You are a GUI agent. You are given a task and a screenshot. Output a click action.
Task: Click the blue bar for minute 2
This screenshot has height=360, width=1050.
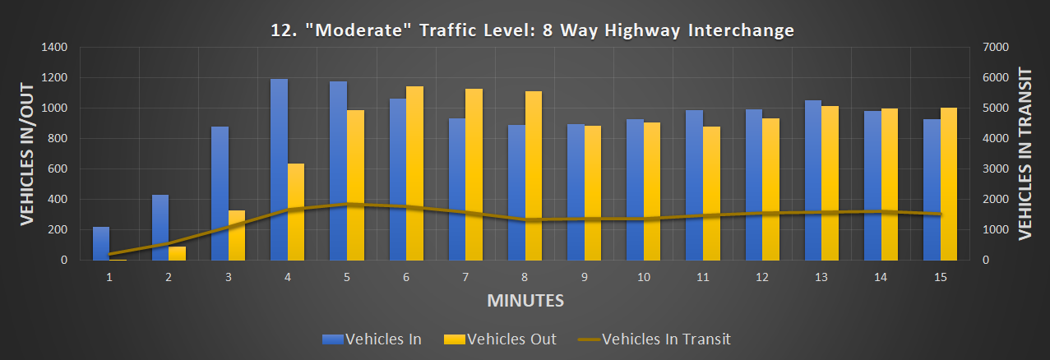pos(160,227)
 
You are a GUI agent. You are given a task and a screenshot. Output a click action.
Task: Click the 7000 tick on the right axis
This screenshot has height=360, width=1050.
pos(996,48)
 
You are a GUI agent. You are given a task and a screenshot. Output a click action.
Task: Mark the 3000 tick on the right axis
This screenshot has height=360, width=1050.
pos(996,169)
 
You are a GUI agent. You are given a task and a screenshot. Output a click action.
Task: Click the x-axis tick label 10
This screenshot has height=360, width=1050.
pos(644,278)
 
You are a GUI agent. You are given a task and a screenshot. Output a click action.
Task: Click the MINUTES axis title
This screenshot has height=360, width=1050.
pos(525,300)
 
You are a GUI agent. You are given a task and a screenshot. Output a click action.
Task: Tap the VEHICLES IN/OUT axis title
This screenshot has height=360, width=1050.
pos(27,154)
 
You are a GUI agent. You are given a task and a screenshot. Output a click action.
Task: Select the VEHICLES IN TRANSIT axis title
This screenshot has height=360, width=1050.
pos(1025,154)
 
